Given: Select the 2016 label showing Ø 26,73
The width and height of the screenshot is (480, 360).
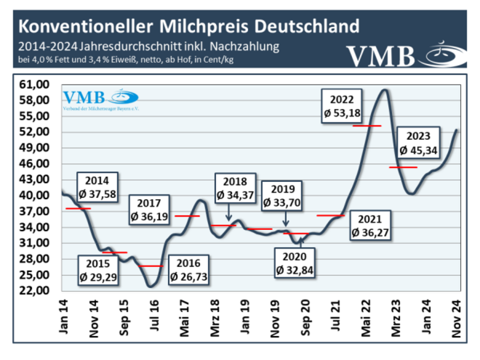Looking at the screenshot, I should tap(190, 269).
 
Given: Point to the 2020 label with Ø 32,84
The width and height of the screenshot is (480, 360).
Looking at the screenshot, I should tap(296, 263).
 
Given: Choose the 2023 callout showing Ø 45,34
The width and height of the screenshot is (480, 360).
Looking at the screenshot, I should tap(419, 142).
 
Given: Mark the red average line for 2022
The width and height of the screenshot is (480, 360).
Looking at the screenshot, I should tap(367, 125).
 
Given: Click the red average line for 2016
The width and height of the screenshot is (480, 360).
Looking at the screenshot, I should tap(150, 265).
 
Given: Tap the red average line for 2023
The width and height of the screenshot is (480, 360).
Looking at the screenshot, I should tap(403, 167).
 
